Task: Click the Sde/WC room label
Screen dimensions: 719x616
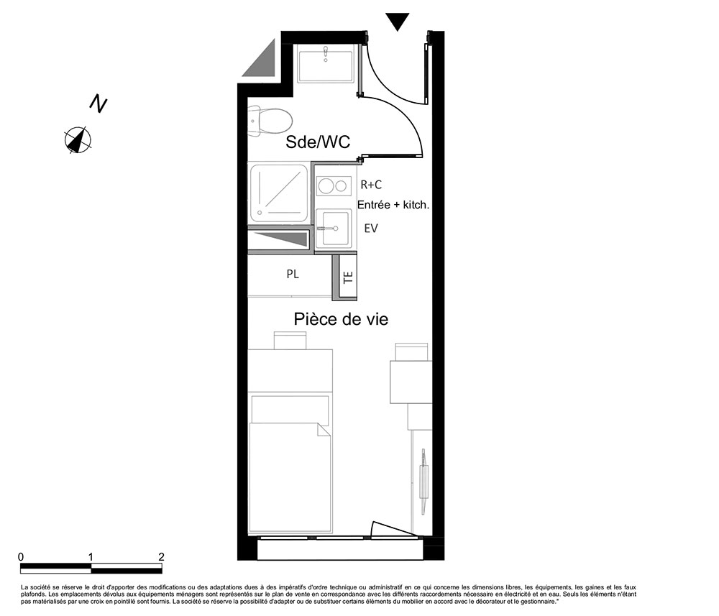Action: pos(318,142)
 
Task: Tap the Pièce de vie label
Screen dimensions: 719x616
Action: pos(341,318)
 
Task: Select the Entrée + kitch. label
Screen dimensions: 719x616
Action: pos(393,205)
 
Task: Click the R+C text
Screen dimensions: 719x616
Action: pos(371,184)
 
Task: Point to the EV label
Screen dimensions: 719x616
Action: pos(370,228)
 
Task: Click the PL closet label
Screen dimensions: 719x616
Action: pos(293,274)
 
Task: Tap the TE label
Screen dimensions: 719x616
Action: pos(348,277)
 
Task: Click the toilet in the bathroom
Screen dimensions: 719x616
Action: pos(270,121)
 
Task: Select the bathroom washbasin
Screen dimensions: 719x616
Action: pos(326,64)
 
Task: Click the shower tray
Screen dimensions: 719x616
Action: pos(278,193)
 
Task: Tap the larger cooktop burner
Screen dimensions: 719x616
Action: pos(326,185)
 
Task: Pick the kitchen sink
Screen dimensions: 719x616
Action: pos(334,229)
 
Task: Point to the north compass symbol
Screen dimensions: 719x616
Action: pos(78,139)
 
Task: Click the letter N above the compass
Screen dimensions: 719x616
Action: pos(98,104)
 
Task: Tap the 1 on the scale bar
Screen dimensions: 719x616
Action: pos(91,557)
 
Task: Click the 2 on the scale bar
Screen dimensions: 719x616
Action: pos(161,557)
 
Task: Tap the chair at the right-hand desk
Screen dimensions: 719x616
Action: pos(411,352)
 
